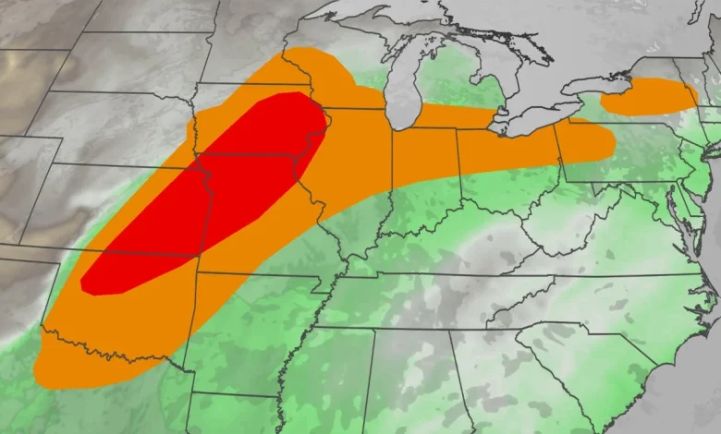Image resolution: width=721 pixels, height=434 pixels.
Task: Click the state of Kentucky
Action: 453,245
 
